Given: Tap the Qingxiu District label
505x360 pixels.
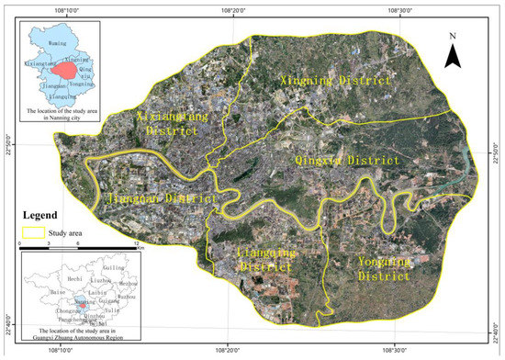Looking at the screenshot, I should click(347, 160).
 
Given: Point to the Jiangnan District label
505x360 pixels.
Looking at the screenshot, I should click(162, 198).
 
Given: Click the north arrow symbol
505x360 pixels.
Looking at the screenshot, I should click(452, 53).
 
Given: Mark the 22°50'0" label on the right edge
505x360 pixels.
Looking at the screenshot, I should click(499, 147).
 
